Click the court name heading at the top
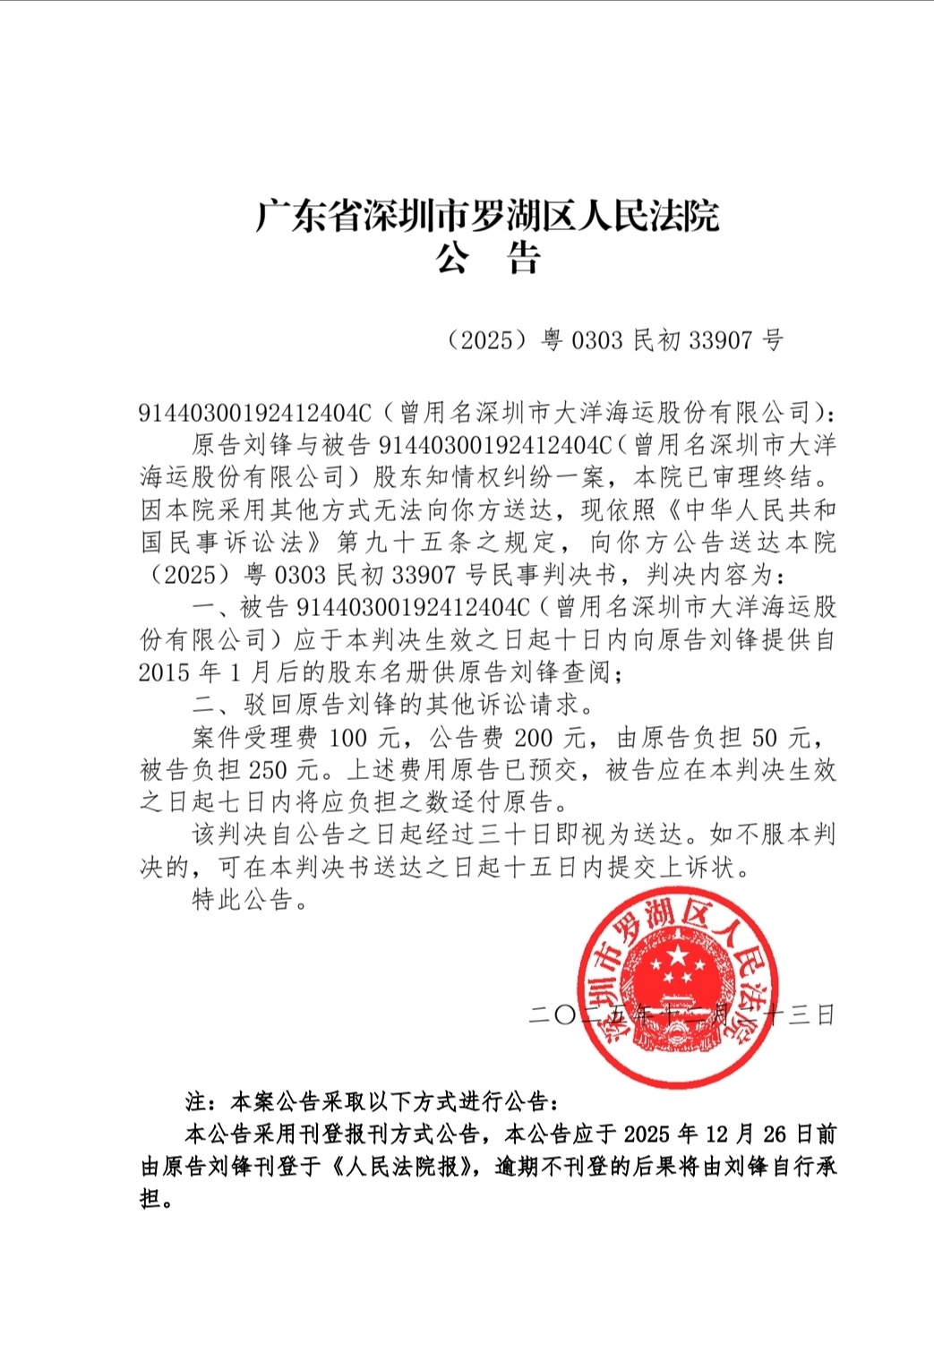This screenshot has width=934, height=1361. click(x=487, y=216)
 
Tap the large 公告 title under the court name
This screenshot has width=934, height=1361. click(x=487, y=260)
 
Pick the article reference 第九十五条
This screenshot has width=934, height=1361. click(x=412, y=543)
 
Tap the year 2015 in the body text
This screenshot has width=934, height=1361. click(x=164, y=672)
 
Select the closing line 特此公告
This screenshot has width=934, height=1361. click(x=244, y=900)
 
